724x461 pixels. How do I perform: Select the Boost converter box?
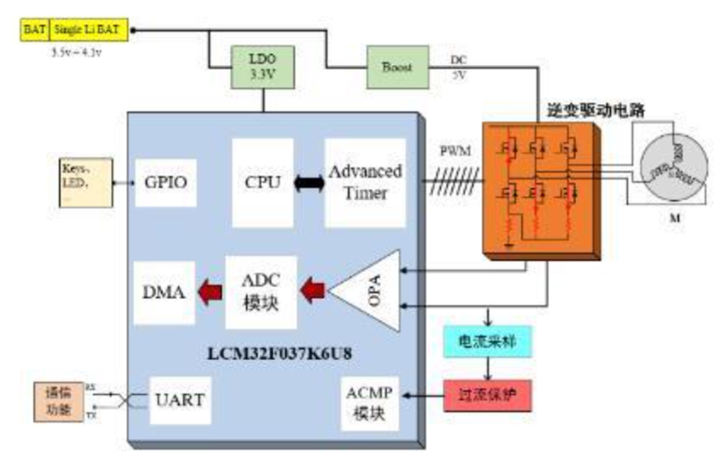point(398,67)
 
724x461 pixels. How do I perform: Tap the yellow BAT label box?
point(35,31)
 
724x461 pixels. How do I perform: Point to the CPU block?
point(263,183)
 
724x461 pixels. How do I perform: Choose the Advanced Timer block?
point(365,183)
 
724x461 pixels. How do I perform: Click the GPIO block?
point(165,183)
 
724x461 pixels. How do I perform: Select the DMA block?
point(164,293)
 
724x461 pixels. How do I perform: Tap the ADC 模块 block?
point(261,293)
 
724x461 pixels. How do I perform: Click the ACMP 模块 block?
point(370,402)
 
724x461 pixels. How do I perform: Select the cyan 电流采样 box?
point(488,342)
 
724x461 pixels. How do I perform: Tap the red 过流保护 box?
point(487,396)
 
